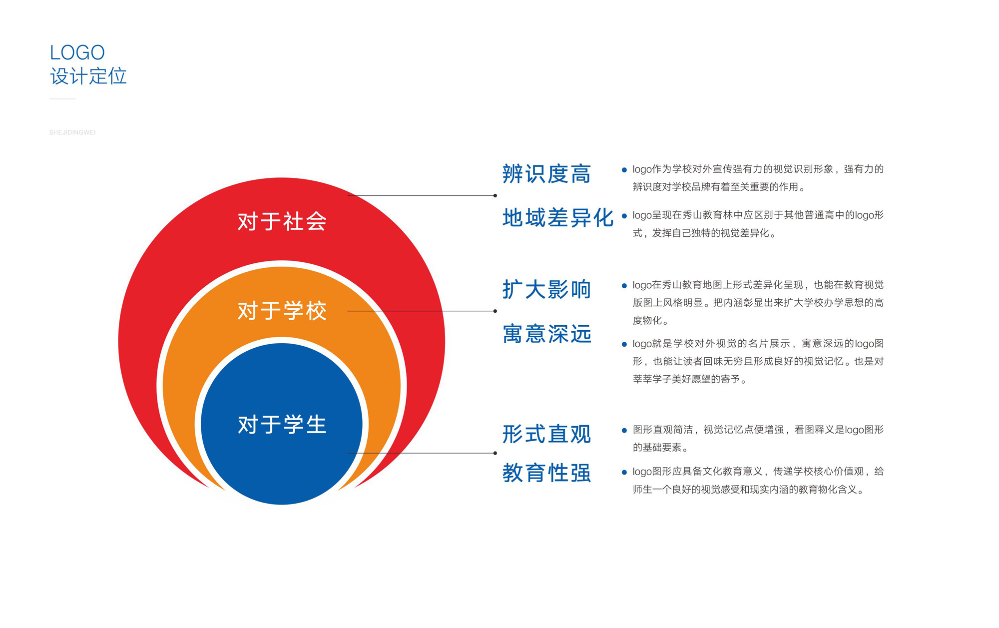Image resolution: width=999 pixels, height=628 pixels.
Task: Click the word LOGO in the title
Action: click(77, 52)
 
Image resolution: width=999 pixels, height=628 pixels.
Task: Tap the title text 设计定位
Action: click(88, 76)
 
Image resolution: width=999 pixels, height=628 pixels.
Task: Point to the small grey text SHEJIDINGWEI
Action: click(72, 132)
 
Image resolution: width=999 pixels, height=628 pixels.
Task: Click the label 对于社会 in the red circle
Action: click(282, 221)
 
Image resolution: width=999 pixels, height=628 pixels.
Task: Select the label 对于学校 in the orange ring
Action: click(282, 311)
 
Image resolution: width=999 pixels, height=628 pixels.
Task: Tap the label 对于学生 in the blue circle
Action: click(282, 425)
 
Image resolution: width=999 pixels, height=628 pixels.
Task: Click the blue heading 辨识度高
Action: click(546, 174)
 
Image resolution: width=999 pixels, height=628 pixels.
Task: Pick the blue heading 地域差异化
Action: click(558, 218)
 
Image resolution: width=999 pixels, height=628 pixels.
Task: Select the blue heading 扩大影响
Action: click(546, 290)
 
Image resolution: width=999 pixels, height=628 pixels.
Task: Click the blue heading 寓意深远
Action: click(546, 334)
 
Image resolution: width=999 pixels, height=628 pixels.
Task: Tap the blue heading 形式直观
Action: click(546, 434)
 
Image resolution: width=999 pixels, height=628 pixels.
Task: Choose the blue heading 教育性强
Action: click(546, 473)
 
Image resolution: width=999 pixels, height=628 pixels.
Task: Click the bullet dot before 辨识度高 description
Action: click(624, 170)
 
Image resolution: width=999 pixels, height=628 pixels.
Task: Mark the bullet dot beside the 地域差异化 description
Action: click(624, 216)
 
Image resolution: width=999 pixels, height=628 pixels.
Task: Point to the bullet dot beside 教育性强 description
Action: click(624, 472)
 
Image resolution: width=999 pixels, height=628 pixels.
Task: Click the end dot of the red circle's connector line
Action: click(495, 195)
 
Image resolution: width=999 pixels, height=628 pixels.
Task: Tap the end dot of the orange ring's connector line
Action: click(495, 311)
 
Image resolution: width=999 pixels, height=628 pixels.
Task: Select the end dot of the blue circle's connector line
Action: click(495, 453)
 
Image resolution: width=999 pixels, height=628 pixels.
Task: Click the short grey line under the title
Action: click(62, 99)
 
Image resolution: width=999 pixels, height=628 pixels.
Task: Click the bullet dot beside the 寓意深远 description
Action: click(624, 344)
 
